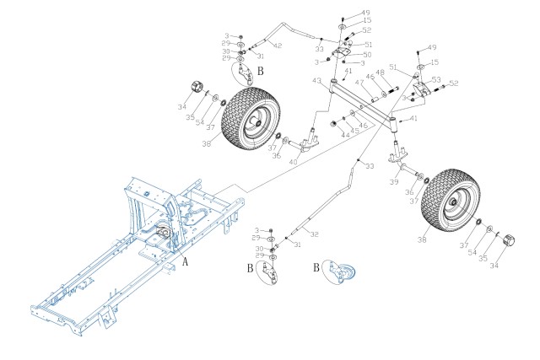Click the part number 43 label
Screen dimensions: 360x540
316,81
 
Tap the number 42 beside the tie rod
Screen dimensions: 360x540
278,45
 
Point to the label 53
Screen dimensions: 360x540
436,79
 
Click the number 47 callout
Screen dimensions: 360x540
358,83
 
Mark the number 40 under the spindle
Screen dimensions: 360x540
293,161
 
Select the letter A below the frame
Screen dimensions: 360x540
185,261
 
